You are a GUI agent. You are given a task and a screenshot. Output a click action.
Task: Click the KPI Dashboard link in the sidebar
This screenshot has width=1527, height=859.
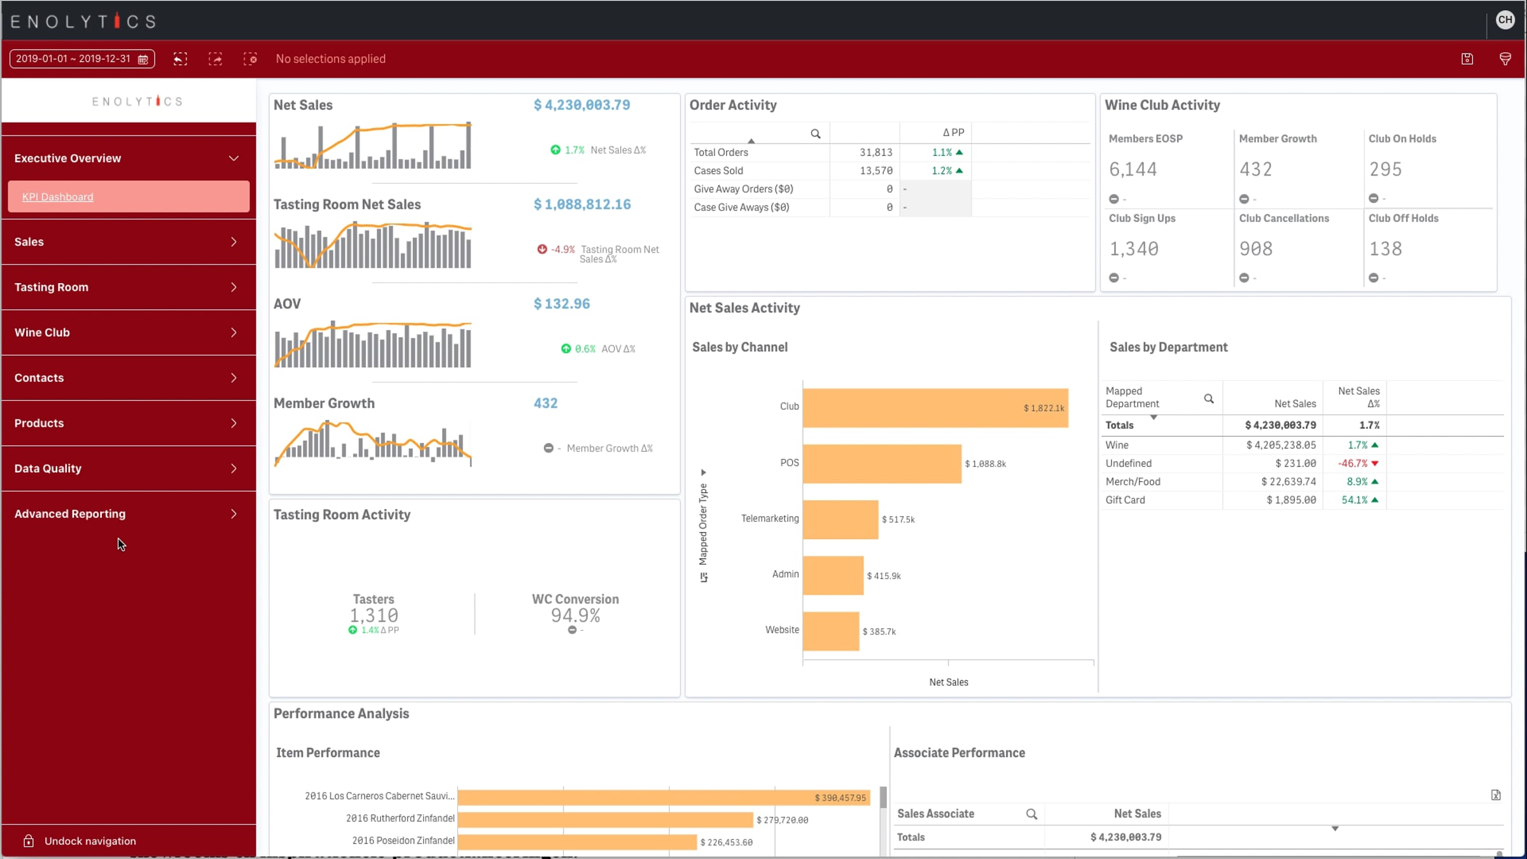coord(57,197)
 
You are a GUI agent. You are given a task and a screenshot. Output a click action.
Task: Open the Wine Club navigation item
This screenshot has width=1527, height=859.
coord(129,333)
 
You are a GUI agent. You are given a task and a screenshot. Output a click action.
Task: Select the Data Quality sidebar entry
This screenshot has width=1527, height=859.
coord(129,469)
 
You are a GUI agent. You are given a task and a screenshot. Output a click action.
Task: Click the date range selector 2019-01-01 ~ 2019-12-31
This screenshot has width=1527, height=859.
coord(82,59)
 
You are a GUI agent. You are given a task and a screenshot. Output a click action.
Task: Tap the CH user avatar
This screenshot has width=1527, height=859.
coord(1505,20)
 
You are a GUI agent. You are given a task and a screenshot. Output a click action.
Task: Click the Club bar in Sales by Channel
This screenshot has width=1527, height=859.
coord(935,408)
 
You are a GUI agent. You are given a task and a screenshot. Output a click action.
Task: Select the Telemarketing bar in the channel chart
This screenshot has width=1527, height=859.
coord(840,519)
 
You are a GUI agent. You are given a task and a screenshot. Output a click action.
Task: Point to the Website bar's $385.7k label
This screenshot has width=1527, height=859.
coord(879,632)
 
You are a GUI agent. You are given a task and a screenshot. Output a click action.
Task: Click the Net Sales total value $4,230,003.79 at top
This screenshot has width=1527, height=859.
coord(582,105)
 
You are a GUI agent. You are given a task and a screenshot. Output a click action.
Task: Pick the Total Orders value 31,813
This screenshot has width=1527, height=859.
coord(876,153)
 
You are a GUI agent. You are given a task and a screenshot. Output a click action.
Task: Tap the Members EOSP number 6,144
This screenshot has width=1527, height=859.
coord(1133,169)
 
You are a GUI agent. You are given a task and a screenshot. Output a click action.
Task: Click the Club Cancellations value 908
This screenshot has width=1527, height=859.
coord(1256,249)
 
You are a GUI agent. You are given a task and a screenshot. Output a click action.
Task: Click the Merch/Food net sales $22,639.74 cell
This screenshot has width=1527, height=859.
coord(1288,482)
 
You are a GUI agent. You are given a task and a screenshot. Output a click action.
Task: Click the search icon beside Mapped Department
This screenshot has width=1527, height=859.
coord(1209,399)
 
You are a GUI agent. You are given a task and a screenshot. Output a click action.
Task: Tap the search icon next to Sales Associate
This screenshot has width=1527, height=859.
coord(1031,814)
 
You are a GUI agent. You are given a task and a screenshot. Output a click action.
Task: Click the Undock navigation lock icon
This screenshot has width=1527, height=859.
coord(29,841)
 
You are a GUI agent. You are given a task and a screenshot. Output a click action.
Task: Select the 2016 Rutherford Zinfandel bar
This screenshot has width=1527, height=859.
coord(605,820)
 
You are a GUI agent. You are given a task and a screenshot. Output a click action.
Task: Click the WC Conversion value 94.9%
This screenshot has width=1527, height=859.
coord(576,616)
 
